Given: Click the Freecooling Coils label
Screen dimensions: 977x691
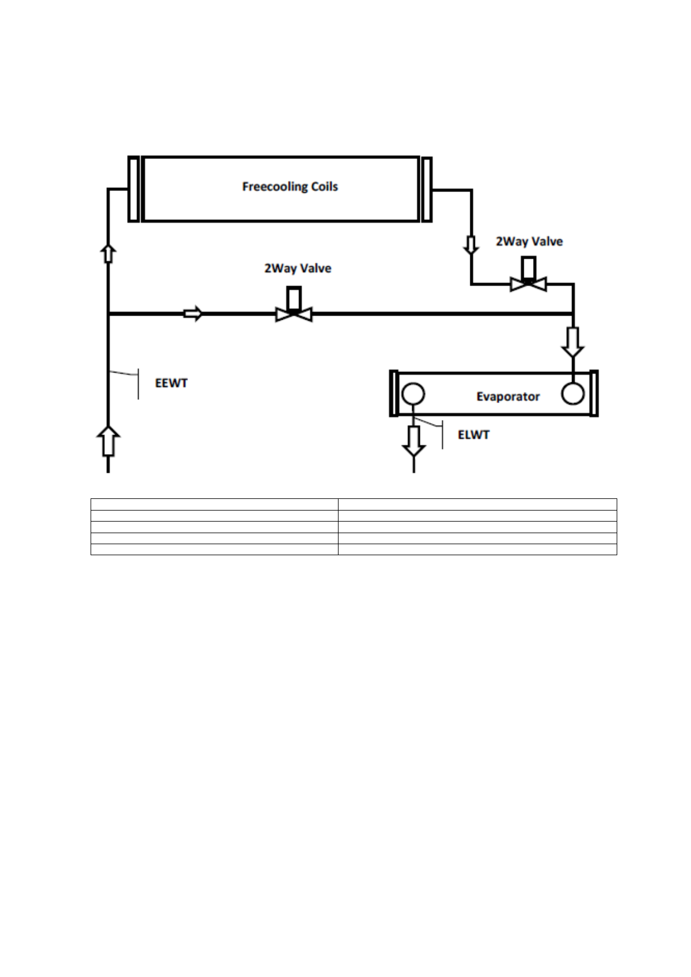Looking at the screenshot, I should click(x=290, y=187).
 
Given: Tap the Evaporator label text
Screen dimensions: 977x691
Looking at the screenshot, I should click(x=508, y=397).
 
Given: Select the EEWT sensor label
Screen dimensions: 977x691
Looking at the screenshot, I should click(x=171, y=383).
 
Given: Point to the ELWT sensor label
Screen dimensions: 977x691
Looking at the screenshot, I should click(x=473, y=435).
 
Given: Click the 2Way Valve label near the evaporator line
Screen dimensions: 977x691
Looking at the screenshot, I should click(x=529, y=242).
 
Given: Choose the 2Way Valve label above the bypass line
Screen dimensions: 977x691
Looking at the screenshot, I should click(x=297, y=269).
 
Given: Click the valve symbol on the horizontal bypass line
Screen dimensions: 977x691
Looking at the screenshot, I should click(x=294, y=312).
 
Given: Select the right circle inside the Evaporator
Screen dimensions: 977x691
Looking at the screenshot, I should click(x=573, y=394).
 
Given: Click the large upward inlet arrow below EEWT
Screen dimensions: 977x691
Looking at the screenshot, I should click(x=108, y=441).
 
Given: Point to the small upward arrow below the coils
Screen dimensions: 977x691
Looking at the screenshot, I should click(x=108, y=253).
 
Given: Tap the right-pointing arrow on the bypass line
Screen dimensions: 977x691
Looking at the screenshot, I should click(x=193, y=314).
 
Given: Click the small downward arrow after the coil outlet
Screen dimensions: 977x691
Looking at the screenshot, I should click(x=471, y=245).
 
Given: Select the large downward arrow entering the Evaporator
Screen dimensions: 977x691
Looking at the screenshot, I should click(x=573, y=342).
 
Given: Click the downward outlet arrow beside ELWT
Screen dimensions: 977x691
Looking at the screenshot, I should click(x=413, y=441).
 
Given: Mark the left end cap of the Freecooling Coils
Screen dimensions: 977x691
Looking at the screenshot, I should click(x=134, y=189).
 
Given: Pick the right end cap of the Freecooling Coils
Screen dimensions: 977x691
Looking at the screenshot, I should click(x=427, y=189).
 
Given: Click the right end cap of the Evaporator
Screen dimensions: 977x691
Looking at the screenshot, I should click(x=593, y=393).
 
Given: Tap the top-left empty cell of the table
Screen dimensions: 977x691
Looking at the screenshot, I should click(x=214, y=504).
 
